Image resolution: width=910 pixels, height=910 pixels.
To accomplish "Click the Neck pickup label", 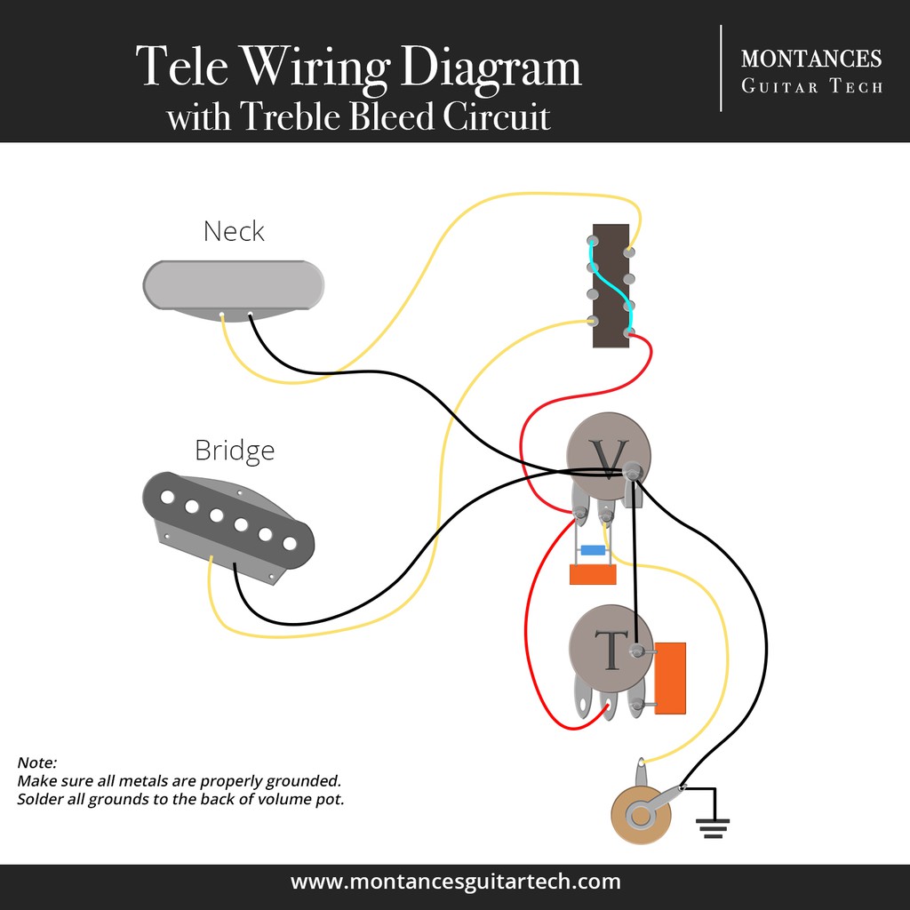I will (234, 231).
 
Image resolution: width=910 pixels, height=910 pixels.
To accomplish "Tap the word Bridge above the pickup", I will (235, 450).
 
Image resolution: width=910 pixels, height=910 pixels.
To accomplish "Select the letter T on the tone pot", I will (611, 651).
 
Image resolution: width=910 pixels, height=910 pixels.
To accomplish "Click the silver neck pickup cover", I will (233, 284).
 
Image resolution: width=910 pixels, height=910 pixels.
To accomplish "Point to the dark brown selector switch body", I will (611, 284).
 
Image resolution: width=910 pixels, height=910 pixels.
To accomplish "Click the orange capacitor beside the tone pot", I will (670, 677).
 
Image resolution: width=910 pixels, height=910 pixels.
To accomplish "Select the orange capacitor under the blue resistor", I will (593, 574).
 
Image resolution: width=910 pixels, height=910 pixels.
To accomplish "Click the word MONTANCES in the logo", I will (810, 59).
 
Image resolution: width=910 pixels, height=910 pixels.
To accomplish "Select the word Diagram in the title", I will (491, 68).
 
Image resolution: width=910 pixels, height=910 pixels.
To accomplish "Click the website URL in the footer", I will (455, 882).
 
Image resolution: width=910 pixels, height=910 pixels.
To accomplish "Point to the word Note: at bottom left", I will (36, 763).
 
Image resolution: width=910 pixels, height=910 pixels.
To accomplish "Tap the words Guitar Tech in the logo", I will (811, 87).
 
